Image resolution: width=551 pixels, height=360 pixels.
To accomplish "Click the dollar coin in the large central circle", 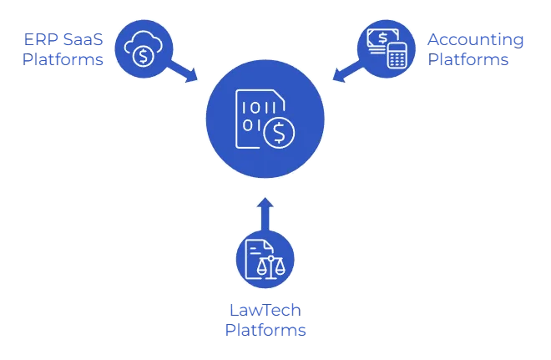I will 278,131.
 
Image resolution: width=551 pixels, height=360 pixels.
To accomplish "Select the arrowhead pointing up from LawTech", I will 265,204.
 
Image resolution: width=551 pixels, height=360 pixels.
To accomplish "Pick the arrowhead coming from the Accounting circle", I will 339,78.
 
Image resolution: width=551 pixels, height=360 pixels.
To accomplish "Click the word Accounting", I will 476,40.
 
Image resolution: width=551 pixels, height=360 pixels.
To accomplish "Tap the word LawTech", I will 265,310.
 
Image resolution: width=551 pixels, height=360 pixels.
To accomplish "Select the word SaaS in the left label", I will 82,40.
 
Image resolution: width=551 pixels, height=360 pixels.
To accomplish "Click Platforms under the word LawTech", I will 265,330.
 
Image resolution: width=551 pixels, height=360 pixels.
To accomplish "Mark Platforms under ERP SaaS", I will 63,60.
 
